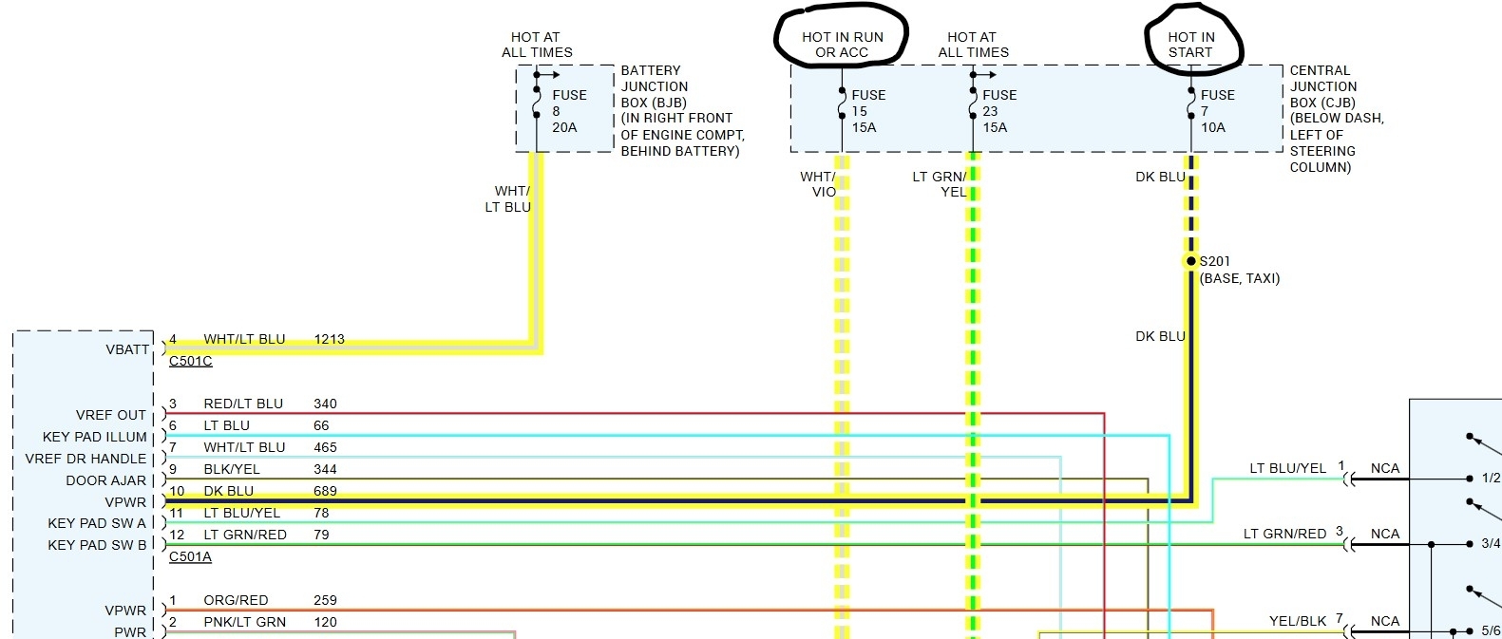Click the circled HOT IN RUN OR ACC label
coord(842,45)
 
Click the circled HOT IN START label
coord(1191,45)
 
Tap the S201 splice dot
coord(1191,261)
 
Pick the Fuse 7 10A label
coord(1217,111)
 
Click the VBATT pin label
coord(127,349)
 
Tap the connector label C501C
coord(191,362)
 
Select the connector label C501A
coord(190,557)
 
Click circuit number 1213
coord(329,339)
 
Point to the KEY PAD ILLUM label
coord(95,437)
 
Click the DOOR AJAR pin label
coord(106,480)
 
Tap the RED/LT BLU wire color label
coord(243,404)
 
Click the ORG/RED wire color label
coord(236,600)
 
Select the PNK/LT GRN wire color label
coord(244,622)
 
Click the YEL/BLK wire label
coord(1298,621)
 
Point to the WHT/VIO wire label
coord(819,184)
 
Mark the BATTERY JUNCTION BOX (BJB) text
coord(654,86)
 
